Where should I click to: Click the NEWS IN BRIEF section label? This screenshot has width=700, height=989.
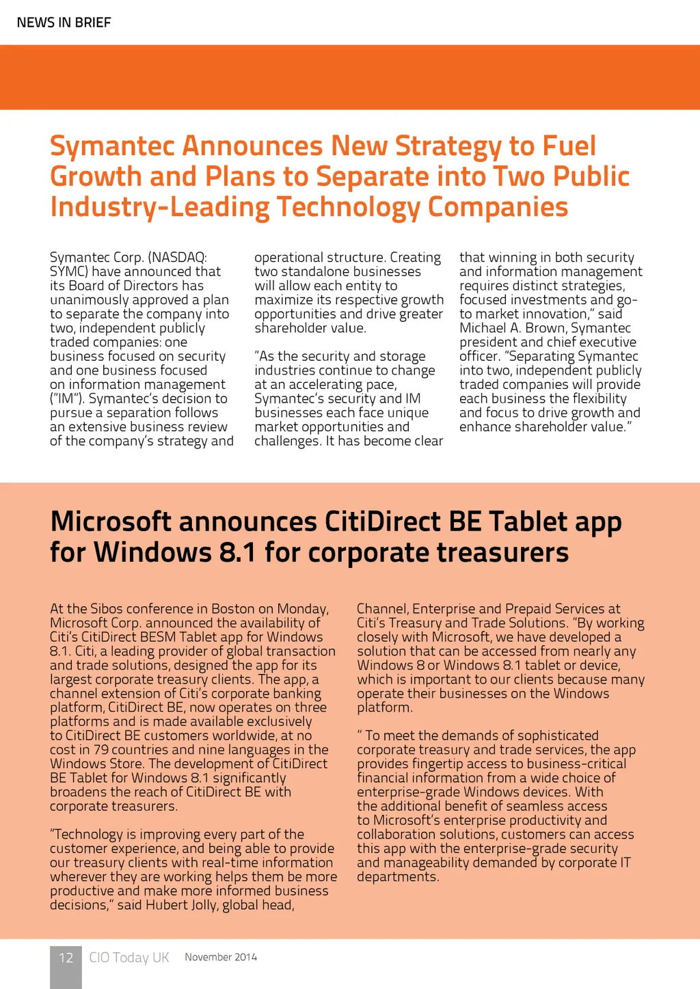tap(64, 23)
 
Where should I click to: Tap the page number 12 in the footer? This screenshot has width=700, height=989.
tap(66, 958)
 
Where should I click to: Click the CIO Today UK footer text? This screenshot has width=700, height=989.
tap(129, 958)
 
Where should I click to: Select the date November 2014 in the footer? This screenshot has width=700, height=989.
tap(221, 957)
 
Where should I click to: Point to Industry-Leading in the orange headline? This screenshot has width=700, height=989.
tap(160, 207)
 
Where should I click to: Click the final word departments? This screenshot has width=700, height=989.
tap(396, 877)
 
